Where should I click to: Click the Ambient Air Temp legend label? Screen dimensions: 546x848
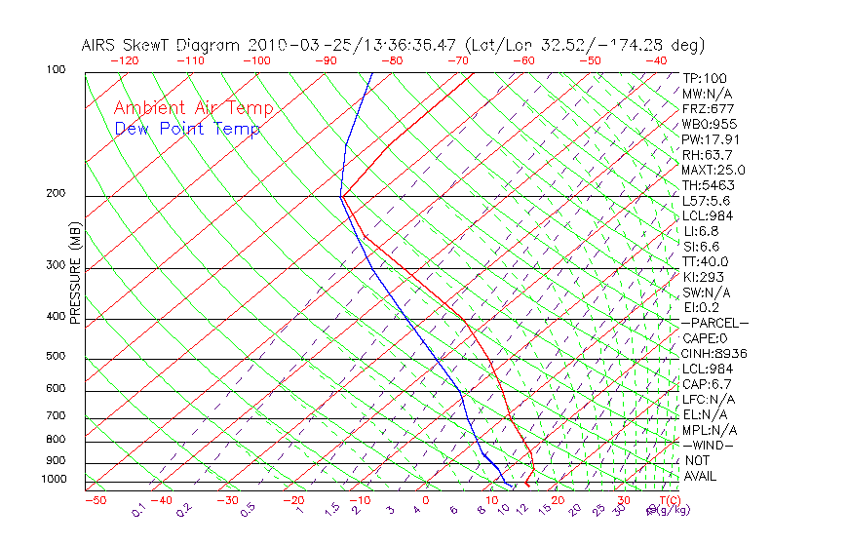(x=193, y=109)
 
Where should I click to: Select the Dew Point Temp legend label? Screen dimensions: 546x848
(x=187, y=130)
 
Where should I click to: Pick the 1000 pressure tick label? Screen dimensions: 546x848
(x=55, y=480)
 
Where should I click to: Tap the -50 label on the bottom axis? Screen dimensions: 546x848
(x=95, y=501)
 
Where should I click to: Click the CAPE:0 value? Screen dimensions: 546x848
(x=706, y=337)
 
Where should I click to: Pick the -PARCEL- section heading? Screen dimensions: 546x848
(x=714, y=323)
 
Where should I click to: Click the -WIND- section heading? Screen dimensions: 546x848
(x=708, y=445)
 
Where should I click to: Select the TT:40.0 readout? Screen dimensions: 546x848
(x=706, y=261)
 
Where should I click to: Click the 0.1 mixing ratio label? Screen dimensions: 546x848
(x=138, y=511)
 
